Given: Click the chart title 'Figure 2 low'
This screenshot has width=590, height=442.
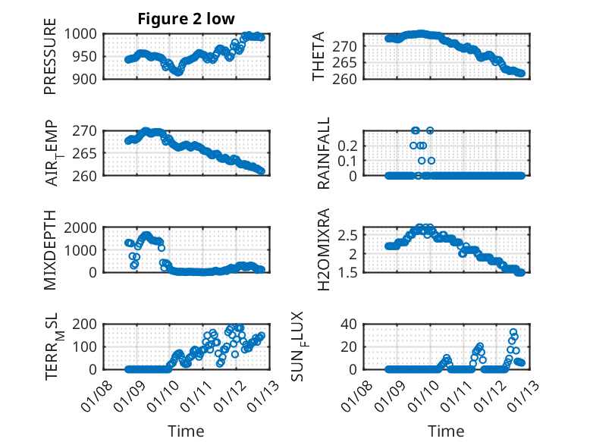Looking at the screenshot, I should [186, 19].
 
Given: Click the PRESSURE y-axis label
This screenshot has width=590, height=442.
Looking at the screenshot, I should [50, 61].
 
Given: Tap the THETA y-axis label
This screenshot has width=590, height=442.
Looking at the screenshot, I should [319, 56].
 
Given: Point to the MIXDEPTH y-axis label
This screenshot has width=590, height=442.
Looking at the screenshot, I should [50, 249].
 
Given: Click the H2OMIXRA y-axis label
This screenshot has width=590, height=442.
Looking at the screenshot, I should [324, 249].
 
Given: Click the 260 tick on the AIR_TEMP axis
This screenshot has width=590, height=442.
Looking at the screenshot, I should [87, 176].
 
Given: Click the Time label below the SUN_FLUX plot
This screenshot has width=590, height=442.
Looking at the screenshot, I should [447, 431].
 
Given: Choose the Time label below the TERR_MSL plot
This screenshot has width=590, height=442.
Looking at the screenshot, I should [186, 431].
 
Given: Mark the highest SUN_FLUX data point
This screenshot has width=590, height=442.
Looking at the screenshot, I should [513, 332].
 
